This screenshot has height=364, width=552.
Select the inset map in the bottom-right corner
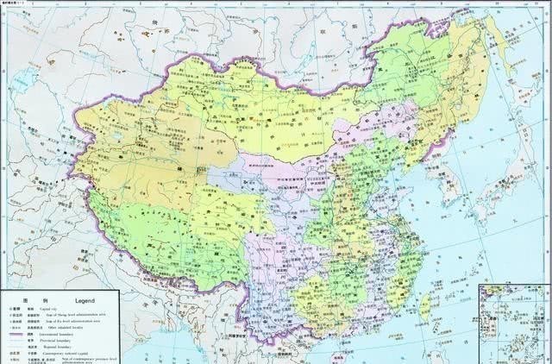pyautogui.click(x=515, y=321)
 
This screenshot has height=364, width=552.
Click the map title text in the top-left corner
pyautogui.click(x=17, y=5)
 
